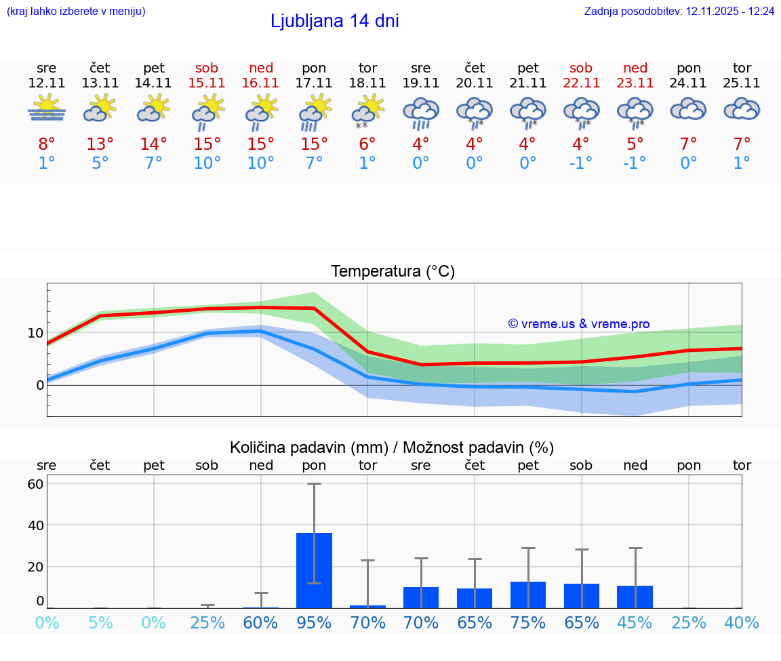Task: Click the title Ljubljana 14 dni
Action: (x=334, y=21)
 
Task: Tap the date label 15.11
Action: (x=207, y=83)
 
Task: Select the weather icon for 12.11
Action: (x=46, y=109)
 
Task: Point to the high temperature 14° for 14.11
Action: (x=154, y=144)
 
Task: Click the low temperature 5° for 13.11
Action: (x=100, y=163)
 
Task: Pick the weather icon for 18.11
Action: (x=367, y=111)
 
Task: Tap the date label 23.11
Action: (x=635, y=83)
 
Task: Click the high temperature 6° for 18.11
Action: (x=367, y=144)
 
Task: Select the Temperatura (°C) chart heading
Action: (x=393, y=272)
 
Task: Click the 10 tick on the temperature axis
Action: (x=35, y=333)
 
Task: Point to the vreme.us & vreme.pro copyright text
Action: (x=578, y=324)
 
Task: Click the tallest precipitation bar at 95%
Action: (x=314, y=570)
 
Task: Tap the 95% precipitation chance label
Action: (x=314, y=622)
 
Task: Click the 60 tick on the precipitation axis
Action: (x=35, y=484)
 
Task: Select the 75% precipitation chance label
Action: (x=528, y=622)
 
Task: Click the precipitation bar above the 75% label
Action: (x=528, y=595)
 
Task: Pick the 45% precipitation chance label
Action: (x=635, y=622)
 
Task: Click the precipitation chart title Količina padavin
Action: (x=392, y=447)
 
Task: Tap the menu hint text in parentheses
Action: (x=76, y=12)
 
